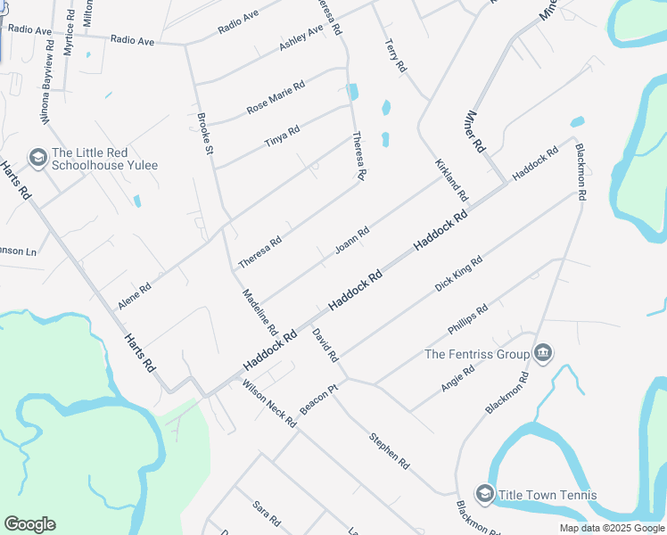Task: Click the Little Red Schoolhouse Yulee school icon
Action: pos(37,159)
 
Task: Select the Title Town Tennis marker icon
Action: pos(485,495)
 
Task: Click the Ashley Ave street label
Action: pos(301,38)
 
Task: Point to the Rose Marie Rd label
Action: pos(276,97)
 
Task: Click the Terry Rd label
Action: pos(395,55)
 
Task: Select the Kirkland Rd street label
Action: pos(451,179)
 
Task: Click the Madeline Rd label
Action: pos(260,311)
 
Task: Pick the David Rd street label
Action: pos(325,345)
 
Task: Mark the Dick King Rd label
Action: pos(458,274)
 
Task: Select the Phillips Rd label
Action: pos(468,323)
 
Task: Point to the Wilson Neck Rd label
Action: pos(268,404)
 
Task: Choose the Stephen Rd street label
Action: pos(390,451)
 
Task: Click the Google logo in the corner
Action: pos(30,524)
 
